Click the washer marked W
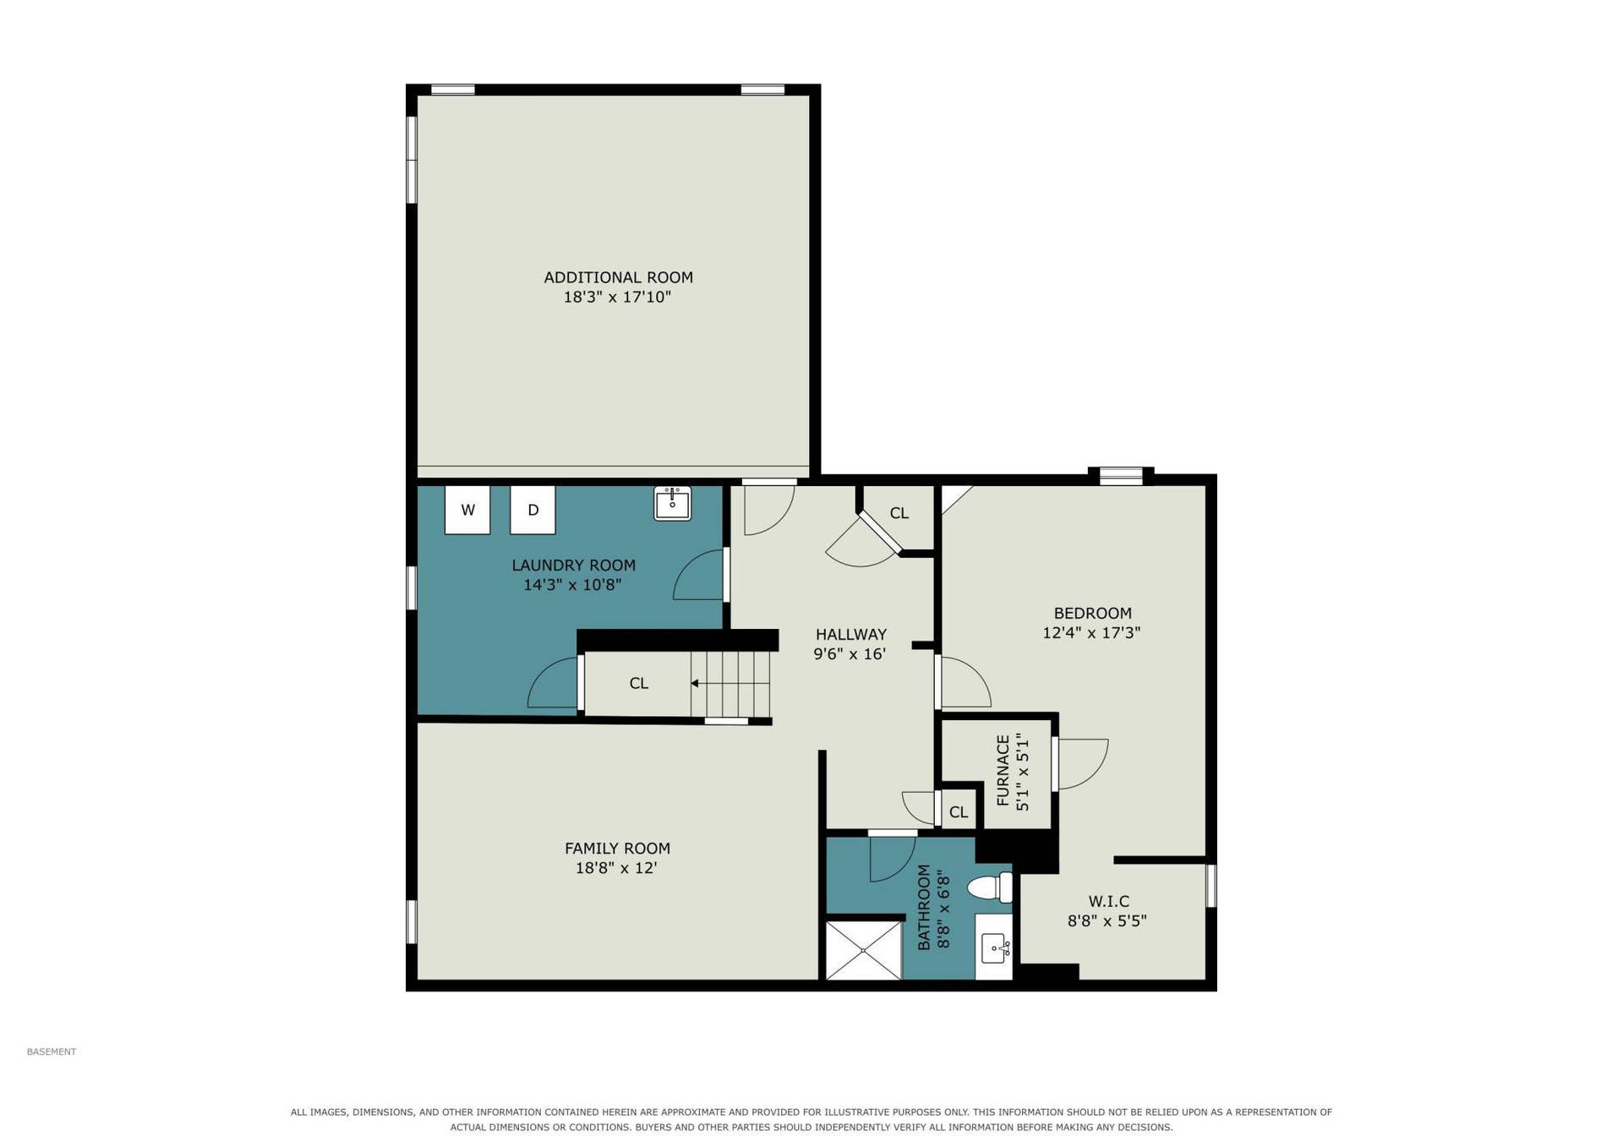pyautogui.click(x=467, y=510)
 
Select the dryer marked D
pyautogui.click(x=533, y=510)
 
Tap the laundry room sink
pyautogui.click(x=673, y=503)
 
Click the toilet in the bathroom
pyautogui.click(x=990, y=888)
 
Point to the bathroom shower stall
pyautogui.click(x=863, y=951)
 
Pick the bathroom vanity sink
pyautogui.click(x=994, y=948)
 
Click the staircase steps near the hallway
pyautogui.click(x=730, y=684)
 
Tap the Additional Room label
pyautogui.click(x=618, y=277)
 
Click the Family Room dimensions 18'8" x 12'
pyautogui.click(x=616, y=868)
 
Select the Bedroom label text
pyautogui.click(x=1092, y=613)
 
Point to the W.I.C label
pyautogui.click(x=1108, y=901)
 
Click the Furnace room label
pyautogui.click(x=1003, y=770)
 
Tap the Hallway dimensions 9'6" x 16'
pyautogui.click(x=850, y=653)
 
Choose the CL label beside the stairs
pyautogui.click(x=639, y=683)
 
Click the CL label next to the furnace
pyautogui.click(x=958, y=812)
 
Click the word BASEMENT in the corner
pyautogui.click(x=52, y=1051)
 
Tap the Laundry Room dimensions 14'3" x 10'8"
pyautogui.click(x=572, y=585)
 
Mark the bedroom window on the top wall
pyautogui.click(x=1121, y=477)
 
